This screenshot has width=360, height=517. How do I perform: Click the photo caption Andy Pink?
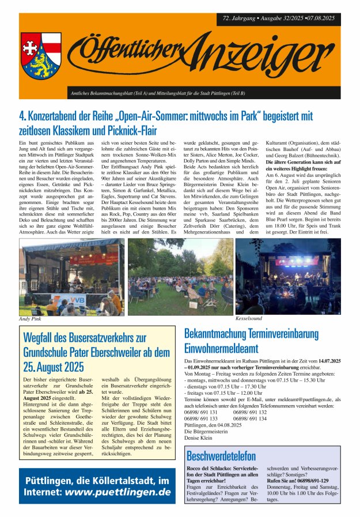[x=30, y=319]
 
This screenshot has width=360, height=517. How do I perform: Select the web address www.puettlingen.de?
[x=118, y=492]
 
